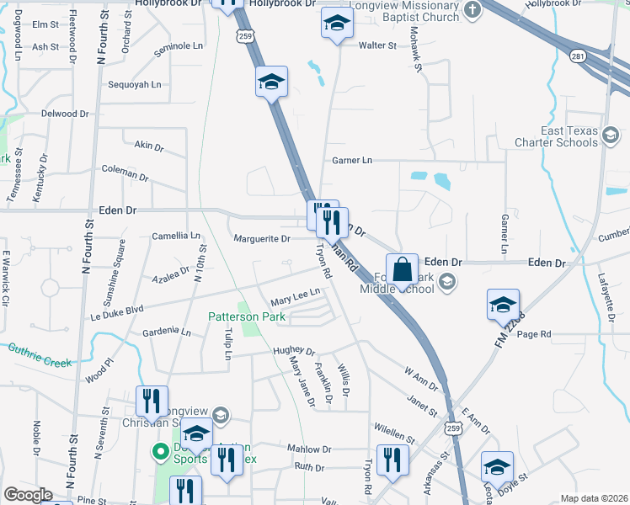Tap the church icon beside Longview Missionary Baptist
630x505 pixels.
472,10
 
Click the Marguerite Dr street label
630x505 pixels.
262,239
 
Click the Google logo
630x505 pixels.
28,495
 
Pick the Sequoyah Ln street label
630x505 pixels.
134,85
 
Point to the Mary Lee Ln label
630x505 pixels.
295,296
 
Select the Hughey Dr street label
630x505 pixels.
293,352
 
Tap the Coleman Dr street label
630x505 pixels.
125,173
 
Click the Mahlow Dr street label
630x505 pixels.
304,449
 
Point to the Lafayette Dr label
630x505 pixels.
603,284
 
